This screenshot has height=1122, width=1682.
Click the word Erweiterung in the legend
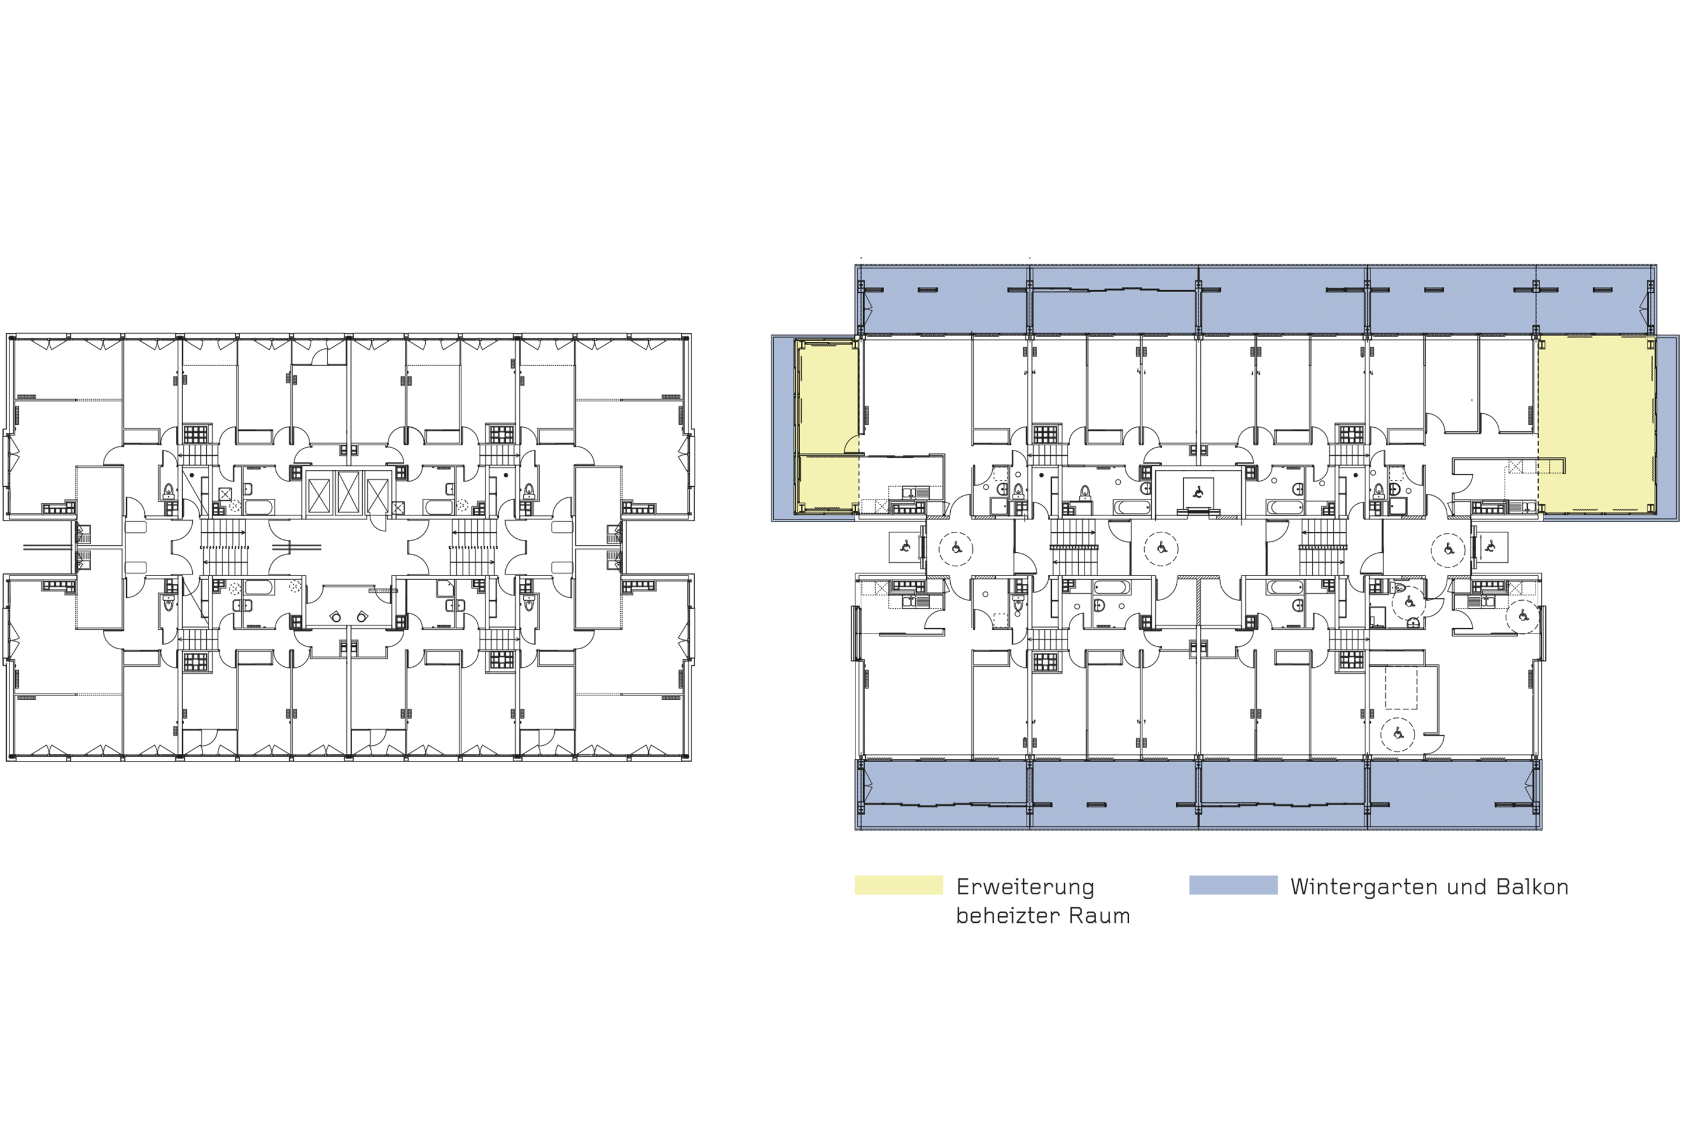tap(1026, 887)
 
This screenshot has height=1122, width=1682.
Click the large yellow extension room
tap(1596, 424)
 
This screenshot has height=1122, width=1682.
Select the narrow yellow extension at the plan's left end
tap(827, 427)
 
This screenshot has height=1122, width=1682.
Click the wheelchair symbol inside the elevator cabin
tap(1198, 492)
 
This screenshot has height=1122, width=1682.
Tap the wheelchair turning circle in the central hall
tap(1160, 549)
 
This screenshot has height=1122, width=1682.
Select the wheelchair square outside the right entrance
tap(1490, 548)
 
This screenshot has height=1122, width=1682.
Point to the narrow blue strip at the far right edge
tap(1669, 427)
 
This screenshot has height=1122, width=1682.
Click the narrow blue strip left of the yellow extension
tap(783, 427)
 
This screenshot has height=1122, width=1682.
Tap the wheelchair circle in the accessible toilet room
tap(1409, 602)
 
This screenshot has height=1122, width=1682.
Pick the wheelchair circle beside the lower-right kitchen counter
tap(1523, 616)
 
